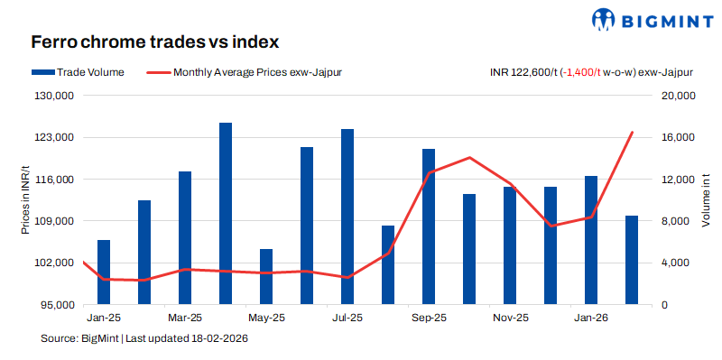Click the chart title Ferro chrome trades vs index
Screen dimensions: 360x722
(154, 42)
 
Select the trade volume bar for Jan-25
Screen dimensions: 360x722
(104, 272)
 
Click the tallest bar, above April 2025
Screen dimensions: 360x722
(226, 214)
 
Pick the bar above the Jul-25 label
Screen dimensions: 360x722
(347, 217)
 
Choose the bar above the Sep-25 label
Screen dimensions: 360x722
(429, 226)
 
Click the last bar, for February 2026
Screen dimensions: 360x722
(632, 260)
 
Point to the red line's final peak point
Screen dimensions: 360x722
(632, 133)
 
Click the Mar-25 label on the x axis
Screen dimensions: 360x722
(185, 318)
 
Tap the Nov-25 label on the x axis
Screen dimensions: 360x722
(510, 318)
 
